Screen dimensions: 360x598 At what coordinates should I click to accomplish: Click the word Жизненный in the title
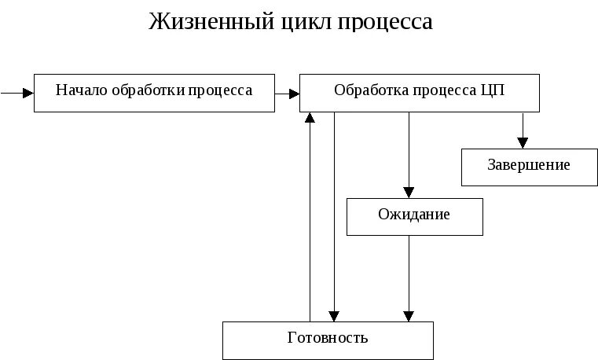201,21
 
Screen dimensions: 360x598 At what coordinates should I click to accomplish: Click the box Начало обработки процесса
154,93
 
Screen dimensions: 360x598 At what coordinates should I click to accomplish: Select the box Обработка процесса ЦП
420,93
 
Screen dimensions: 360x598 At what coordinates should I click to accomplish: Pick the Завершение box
529,166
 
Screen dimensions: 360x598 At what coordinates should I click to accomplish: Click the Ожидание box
414,215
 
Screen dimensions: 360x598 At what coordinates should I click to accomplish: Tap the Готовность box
328,340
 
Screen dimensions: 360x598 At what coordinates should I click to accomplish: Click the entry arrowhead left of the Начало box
28,93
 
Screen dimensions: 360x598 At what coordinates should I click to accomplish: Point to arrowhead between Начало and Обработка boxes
294,93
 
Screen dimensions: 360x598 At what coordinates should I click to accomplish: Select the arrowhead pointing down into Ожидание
409,191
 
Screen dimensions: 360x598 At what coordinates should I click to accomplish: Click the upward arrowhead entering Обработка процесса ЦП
310,118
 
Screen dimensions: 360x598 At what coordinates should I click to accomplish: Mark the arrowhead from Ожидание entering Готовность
409,315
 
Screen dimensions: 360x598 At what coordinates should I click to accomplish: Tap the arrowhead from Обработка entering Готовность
334,315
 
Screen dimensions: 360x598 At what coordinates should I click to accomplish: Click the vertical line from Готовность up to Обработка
310,220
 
